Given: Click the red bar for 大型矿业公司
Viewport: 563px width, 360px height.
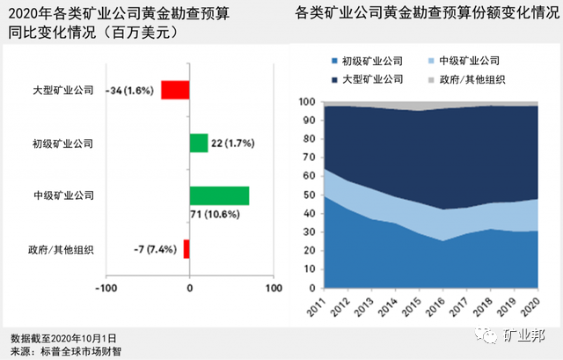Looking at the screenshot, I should (x=175, y=90).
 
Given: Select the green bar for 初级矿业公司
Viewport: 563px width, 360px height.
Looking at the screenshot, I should (x=199, y=143).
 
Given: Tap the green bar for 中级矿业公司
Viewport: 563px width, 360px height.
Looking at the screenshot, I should (x=219, y=195).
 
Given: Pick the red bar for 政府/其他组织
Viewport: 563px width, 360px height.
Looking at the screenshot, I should (x=186, y=248).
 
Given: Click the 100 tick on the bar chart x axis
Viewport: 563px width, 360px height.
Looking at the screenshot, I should (x=273, y=288).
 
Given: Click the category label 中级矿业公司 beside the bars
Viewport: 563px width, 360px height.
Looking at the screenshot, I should (x=62, y=195).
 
